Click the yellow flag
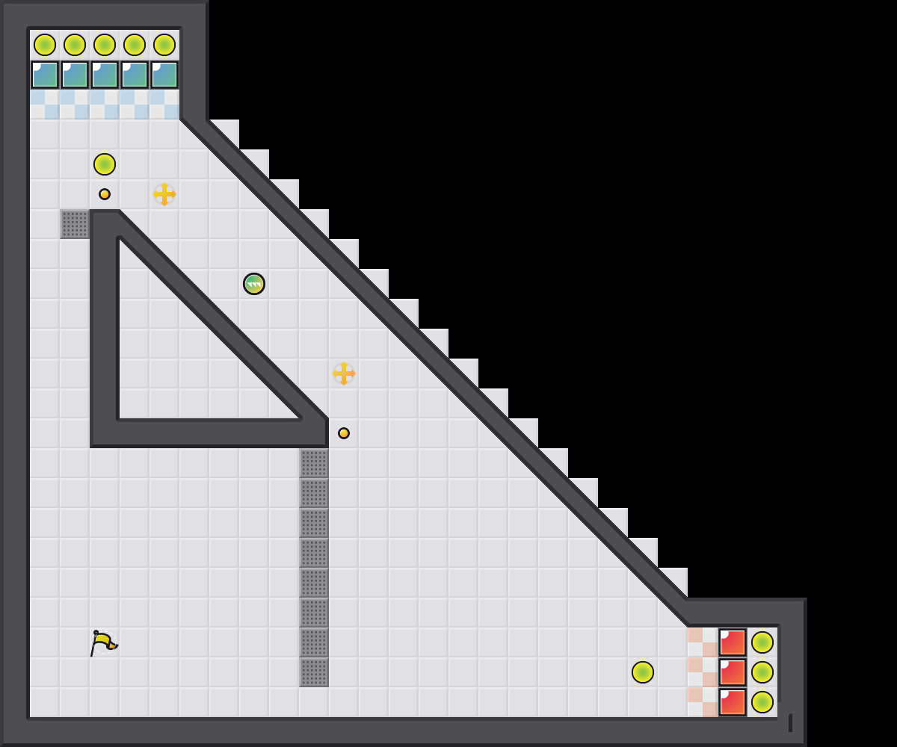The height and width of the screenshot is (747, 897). pos(103,642)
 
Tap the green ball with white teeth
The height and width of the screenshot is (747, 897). pos(254,284)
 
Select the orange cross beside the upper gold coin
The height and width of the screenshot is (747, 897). pos(164,194)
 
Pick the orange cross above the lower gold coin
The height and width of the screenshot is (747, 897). pos(344,373)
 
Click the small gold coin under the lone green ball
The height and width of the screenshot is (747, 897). pos(105,194)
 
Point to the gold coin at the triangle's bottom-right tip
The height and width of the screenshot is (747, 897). pos(344,433)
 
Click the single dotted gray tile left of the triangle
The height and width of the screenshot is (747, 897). pos(75,224)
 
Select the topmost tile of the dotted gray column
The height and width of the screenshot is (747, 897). pos(314,463)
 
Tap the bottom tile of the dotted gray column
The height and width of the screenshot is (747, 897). pos(314,672)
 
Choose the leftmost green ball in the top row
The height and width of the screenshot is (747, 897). pos(45,45)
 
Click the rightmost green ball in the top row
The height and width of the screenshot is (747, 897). pos(164,45)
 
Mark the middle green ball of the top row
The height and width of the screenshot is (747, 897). pos(105,45)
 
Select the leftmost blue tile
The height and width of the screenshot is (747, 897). pos(45,75)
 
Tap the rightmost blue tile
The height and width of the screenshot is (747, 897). pos(164,75)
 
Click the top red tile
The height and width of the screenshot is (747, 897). pos(733,642)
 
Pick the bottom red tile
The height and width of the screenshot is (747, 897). pos(733,702)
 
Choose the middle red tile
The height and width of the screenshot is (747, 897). pos(733,672)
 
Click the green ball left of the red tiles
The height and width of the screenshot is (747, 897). pos(643,672)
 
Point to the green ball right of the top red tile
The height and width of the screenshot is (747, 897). pos(762,642)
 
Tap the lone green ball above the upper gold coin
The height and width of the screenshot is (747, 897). pos(105,164)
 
